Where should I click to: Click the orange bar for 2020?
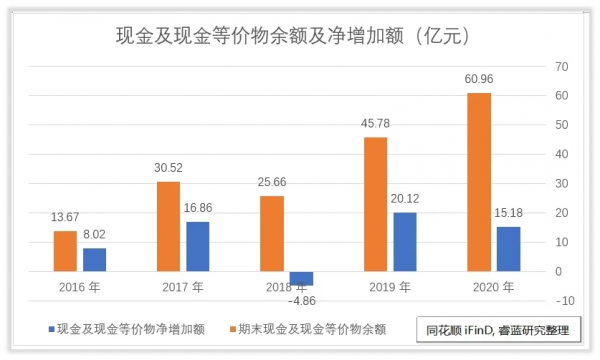479,182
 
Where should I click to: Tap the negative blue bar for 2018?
301,278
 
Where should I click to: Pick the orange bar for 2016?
65,251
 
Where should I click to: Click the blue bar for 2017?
198,246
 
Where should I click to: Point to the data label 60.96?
478,81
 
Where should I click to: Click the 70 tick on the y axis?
562,66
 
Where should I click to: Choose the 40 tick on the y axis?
562,154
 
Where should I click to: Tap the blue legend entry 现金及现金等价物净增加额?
125,328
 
